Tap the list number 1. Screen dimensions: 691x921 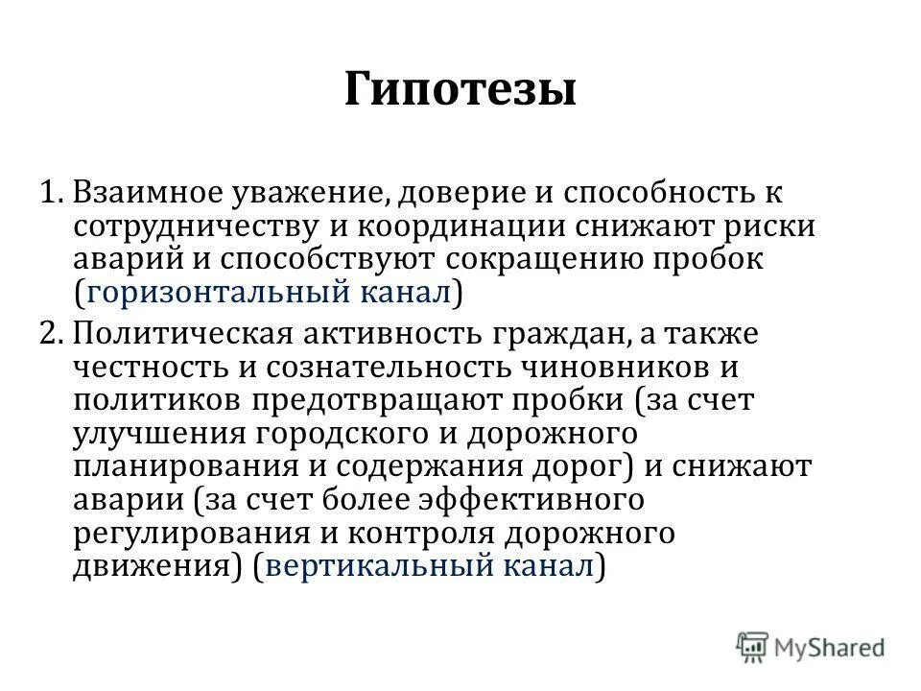50,192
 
